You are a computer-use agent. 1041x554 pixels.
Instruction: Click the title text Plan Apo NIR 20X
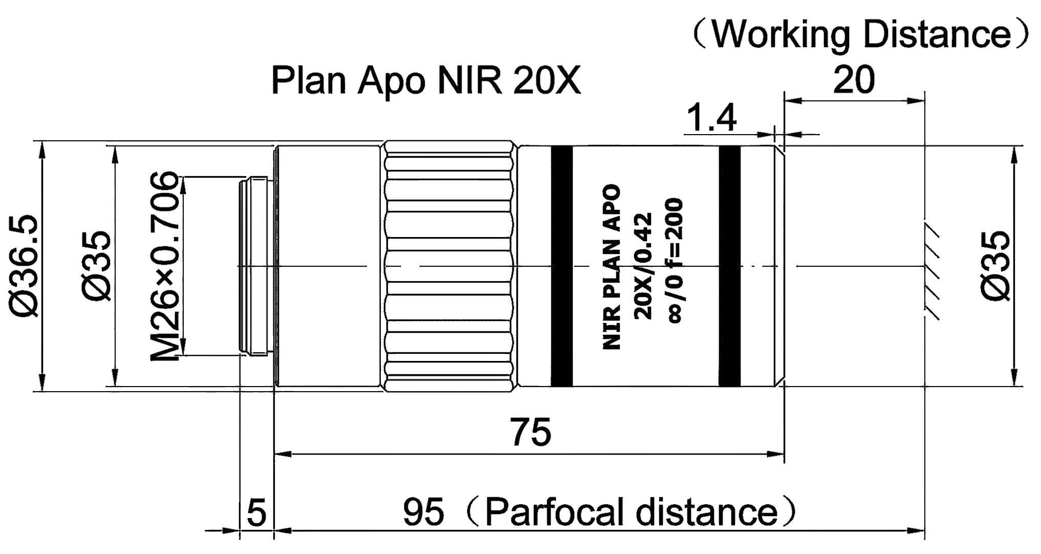[x=426, y=80]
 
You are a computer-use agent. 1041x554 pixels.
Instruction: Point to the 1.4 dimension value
[x=711, y=118]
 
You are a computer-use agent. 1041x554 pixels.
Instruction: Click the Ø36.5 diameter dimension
[x=23, y=266]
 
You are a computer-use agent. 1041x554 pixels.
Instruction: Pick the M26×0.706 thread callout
[x=165, y=266]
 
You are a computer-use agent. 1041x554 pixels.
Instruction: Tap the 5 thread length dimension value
[x=256, y=512]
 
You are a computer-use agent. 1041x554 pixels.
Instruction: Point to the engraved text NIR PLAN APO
[x=612, y=267]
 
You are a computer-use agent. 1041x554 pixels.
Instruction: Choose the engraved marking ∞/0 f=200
[x=675, y=261]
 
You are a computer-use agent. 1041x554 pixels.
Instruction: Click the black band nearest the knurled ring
[x=561, y=266]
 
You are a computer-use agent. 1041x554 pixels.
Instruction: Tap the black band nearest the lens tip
[x=729, y=266]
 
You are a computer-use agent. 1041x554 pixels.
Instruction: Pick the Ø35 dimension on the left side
[x=96, y=266]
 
